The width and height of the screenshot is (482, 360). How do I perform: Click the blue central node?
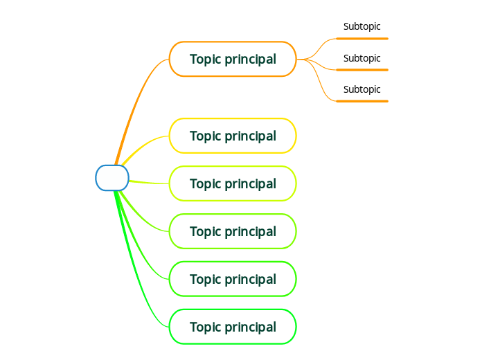coord(112,178)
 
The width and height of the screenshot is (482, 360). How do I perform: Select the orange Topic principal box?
coord(233,59)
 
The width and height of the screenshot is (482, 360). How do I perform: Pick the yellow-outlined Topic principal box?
coord(233,136)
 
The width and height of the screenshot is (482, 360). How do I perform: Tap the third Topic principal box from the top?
coord(233,183)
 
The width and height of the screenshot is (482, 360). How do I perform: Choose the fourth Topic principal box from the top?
coord(233,231)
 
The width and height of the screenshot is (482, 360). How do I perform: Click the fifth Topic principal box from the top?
coord(233,279)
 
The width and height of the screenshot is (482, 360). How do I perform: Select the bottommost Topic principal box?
coord(233,327)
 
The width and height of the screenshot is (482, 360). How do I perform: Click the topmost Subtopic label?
coord(361,27)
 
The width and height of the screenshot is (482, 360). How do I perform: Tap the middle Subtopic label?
coord(361,58)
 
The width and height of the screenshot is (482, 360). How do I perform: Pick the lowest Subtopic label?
coord(361,89)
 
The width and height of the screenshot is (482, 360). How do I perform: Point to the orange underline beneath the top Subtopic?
coord(362,39)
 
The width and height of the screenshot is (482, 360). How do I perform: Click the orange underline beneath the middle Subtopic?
coord(362,70)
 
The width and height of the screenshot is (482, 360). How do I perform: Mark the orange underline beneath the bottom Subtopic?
coord(362,101)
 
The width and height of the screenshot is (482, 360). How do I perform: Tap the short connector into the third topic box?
coord(149,183)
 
